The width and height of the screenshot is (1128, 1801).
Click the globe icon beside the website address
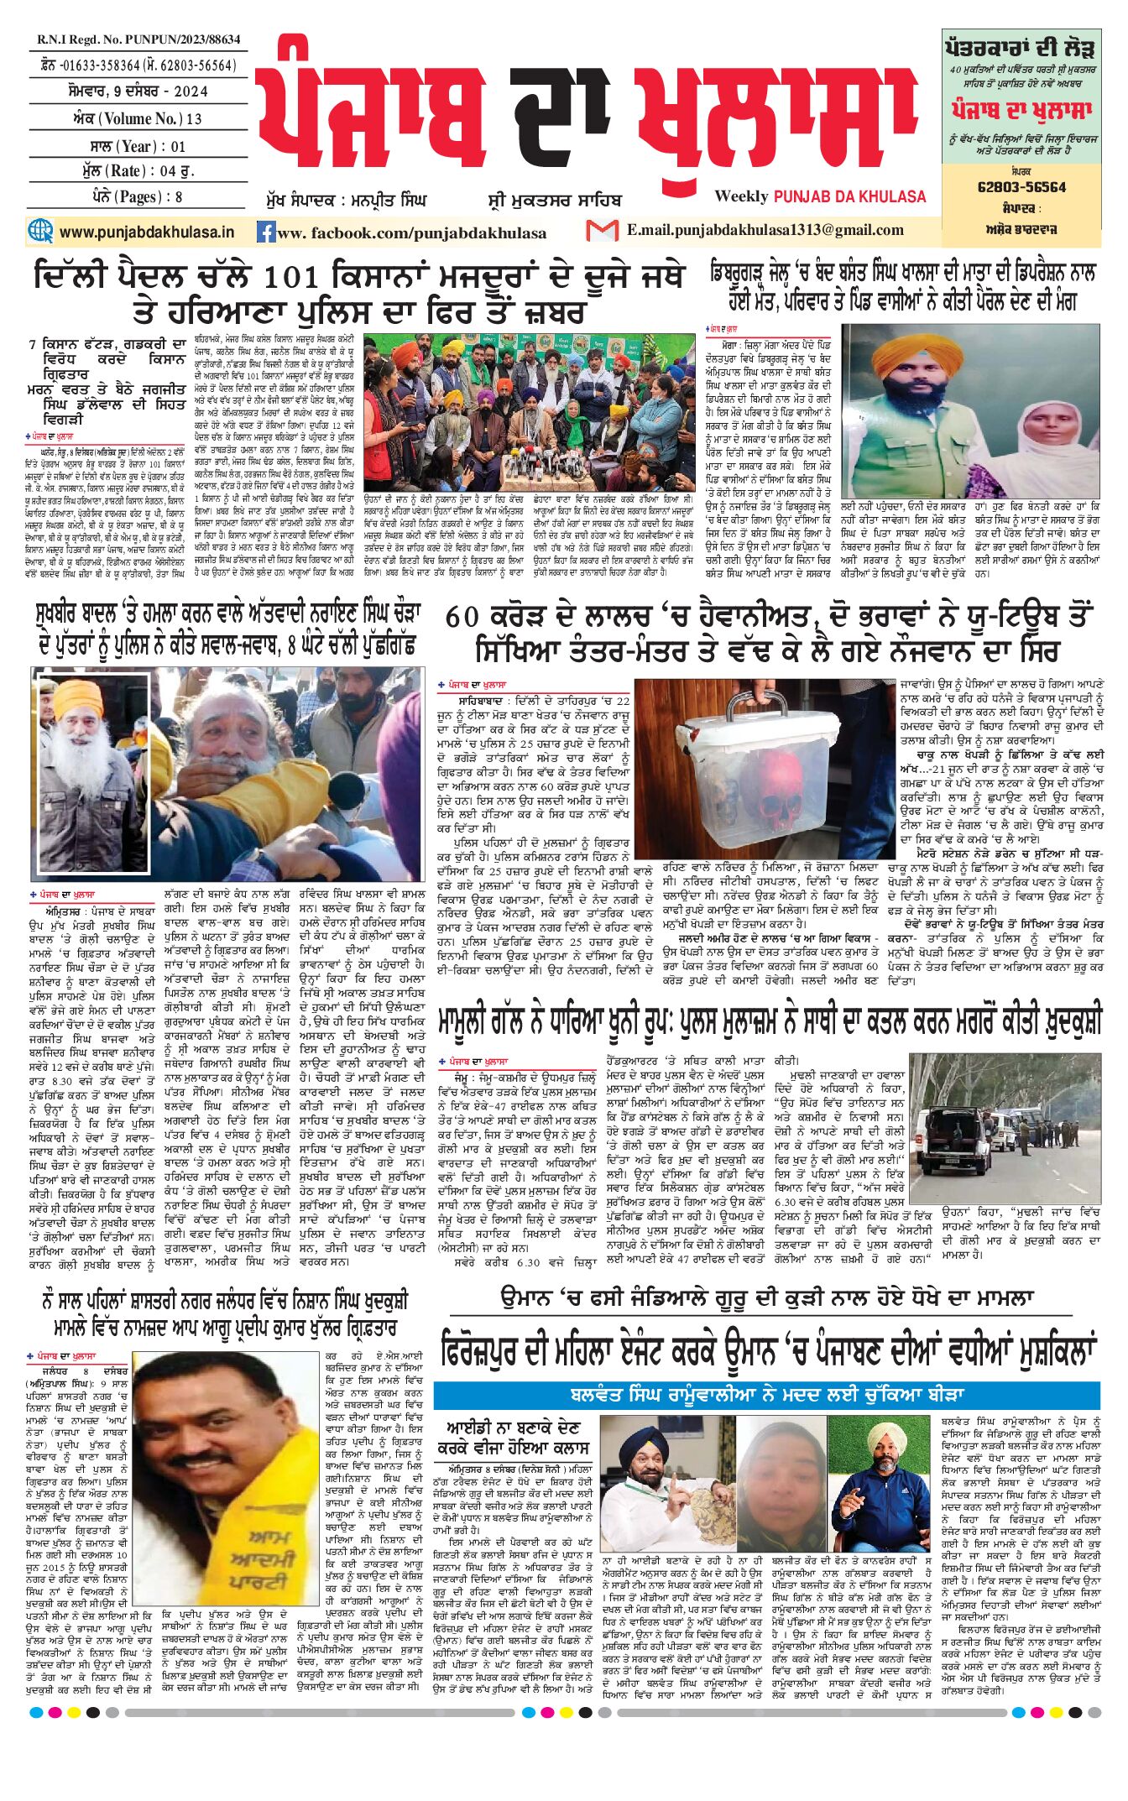point(40,231)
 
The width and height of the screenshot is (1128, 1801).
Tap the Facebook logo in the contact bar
point(266,232)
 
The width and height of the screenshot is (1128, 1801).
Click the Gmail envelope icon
point(602,230)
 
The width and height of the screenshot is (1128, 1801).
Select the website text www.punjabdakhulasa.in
point(147,232)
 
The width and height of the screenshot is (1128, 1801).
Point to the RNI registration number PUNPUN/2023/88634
point(138,39)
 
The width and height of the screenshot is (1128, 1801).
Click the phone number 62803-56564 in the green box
point(1021,187)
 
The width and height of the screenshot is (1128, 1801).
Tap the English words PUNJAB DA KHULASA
point(849,196)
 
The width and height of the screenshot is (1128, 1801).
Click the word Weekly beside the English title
point(741,196)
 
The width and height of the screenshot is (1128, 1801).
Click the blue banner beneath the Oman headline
point(766,1395)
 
